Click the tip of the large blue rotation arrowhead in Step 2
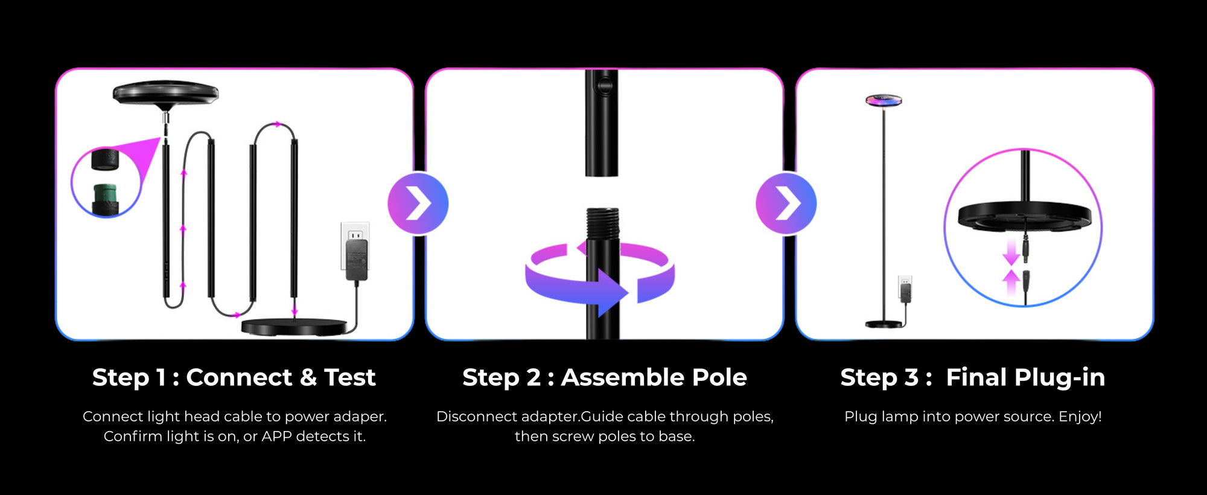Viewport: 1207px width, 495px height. click(x=629, y=293)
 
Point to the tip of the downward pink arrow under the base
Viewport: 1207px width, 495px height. click(x=1011, y=266)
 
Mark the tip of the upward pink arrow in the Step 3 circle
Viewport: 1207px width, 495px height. click(x=1011, y=269)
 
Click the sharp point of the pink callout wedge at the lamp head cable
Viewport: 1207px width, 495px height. click(x=161, y=138)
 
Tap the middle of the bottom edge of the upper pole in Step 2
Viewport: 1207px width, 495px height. click(x=602, y=176)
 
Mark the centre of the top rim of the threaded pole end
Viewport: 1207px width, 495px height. click(x=603, y=209)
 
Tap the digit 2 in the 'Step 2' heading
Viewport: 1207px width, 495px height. click(x=533, y=378)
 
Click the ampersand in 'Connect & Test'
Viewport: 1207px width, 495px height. click(x=308, y=378)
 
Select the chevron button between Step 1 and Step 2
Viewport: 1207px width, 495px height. click(x=418, y=203)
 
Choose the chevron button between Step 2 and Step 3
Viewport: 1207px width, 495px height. click(x=786, y=203)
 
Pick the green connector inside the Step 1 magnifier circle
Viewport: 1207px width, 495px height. click(x=106, y=196)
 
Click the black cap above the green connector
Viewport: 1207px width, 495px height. click(x=105, y=159)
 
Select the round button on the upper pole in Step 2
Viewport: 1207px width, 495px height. click(x=602, y=85)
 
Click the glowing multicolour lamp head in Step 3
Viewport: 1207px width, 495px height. click(x=884, y=100)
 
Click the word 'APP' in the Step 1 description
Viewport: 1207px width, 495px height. click(x=277, y=436)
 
